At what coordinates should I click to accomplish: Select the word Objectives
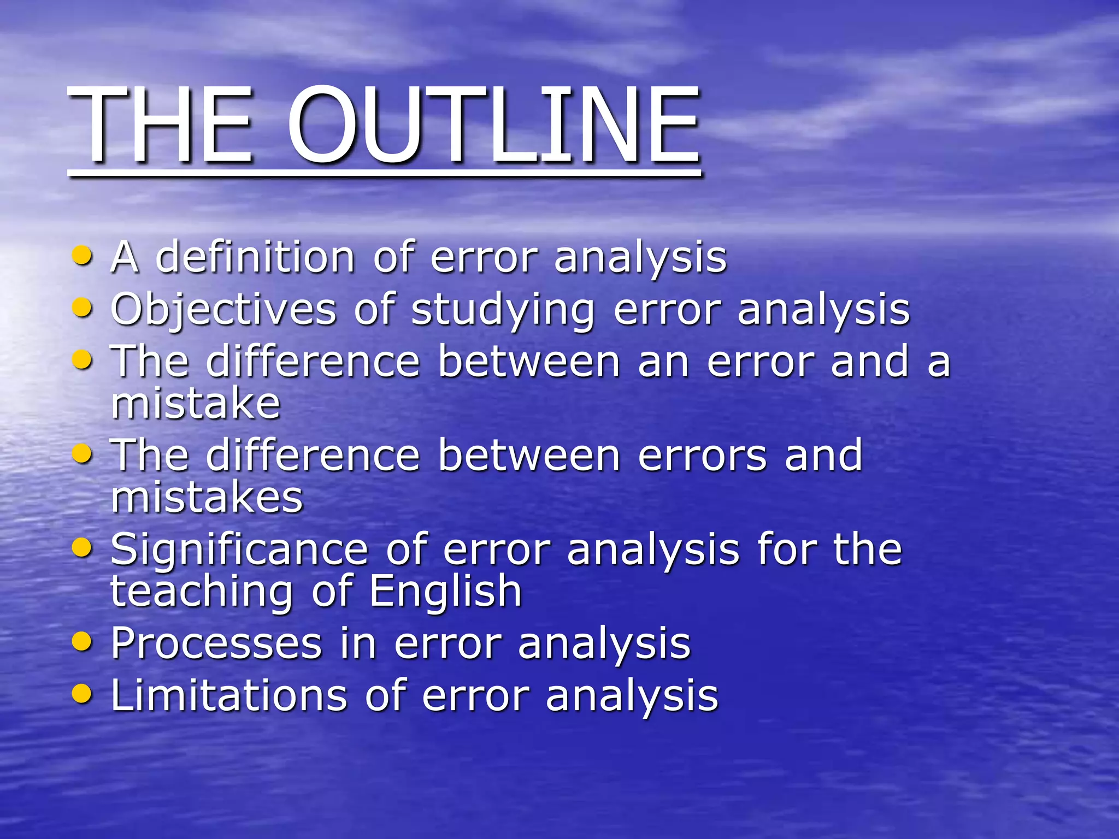point(223,309)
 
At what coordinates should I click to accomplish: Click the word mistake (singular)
point(196,404)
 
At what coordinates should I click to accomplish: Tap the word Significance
point(239,550)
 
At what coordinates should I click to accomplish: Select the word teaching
point(202,592)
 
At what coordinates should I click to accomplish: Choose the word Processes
point(216,643)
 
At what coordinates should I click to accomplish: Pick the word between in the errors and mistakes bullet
point(529,455)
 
